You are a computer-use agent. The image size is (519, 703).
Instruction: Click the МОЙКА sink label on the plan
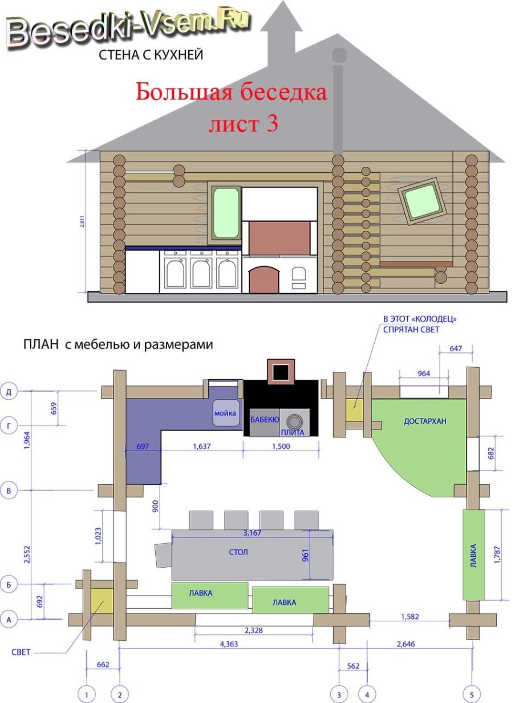225,413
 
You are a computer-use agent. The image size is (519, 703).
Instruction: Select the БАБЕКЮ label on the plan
265,419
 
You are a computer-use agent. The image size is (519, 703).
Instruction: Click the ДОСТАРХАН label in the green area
425,421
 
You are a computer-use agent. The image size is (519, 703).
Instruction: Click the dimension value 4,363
229,644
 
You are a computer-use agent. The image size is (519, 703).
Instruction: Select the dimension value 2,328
254,630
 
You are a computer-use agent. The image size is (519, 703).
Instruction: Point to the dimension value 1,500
281,446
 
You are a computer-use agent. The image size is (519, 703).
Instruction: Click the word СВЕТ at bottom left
21,652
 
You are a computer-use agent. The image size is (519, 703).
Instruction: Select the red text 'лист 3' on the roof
243,123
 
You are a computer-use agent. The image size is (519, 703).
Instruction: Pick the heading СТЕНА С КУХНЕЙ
151,55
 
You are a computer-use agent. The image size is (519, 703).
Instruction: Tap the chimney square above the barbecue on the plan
281,371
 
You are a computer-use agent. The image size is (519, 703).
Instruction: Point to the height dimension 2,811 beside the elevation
82,222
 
